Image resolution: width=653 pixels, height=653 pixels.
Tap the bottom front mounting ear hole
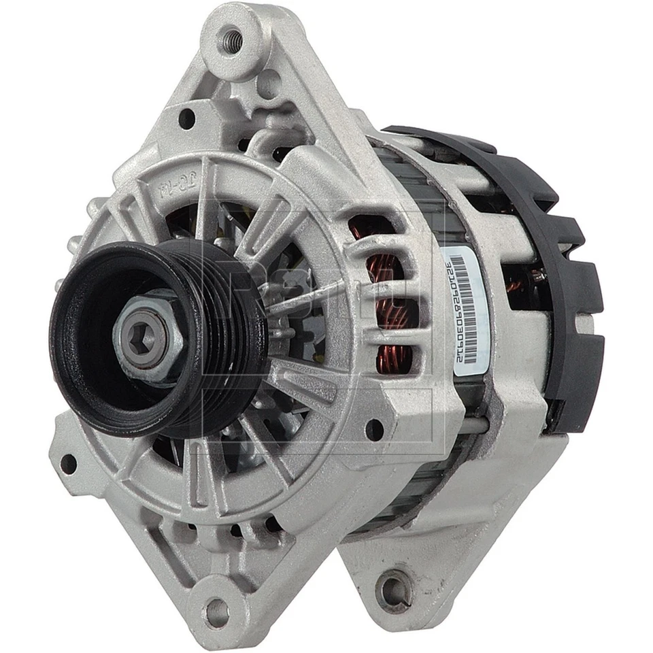tap(217, 612)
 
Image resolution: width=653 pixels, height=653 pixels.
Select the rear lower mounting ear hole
tap(395, 589)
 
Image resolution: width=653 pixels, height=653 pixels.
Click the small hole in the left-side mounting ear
tap(69, 464)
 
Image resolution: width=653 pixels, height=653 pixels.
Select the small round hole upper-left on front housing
tap(186, 119)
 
